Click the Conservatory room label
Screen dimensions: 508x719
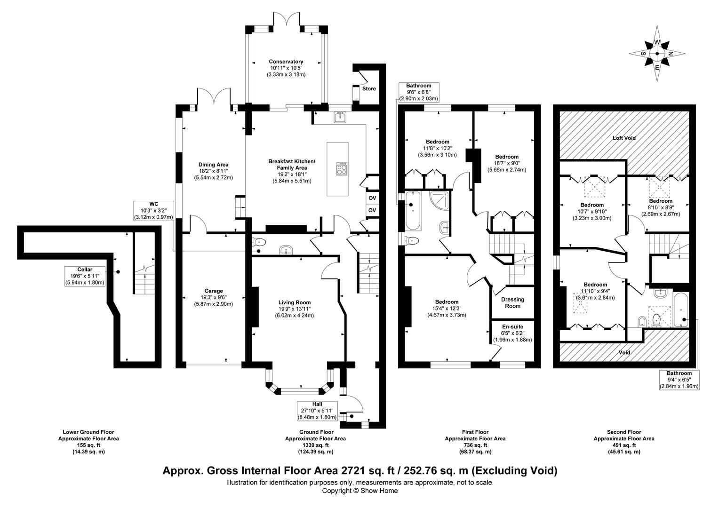pos(286,62)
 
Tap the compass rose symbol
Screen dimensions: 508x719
pos(657,54)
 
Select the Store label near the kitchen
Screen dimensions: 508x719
pos(369,88)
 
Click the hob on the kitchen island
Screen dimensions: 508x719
pos(342,169)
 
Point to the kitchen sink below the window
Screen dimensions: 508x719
pos(340,117)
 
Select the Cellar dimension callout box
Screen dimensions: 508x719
pos(85,276)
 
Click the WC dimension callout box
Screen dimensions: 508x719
pos(154,211)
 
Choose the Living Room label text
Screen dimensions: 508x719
pos(294,302)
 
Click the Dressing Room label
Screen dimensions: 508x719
pos(512,302)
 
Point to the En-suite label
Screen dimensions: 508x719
pos(512,326)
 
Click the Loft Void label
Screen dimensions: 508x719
pos(624,138)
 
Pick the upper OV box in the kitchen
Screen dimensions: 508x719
pos(372,198)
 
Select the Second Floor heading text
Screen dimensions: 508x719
pos(623,432)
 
